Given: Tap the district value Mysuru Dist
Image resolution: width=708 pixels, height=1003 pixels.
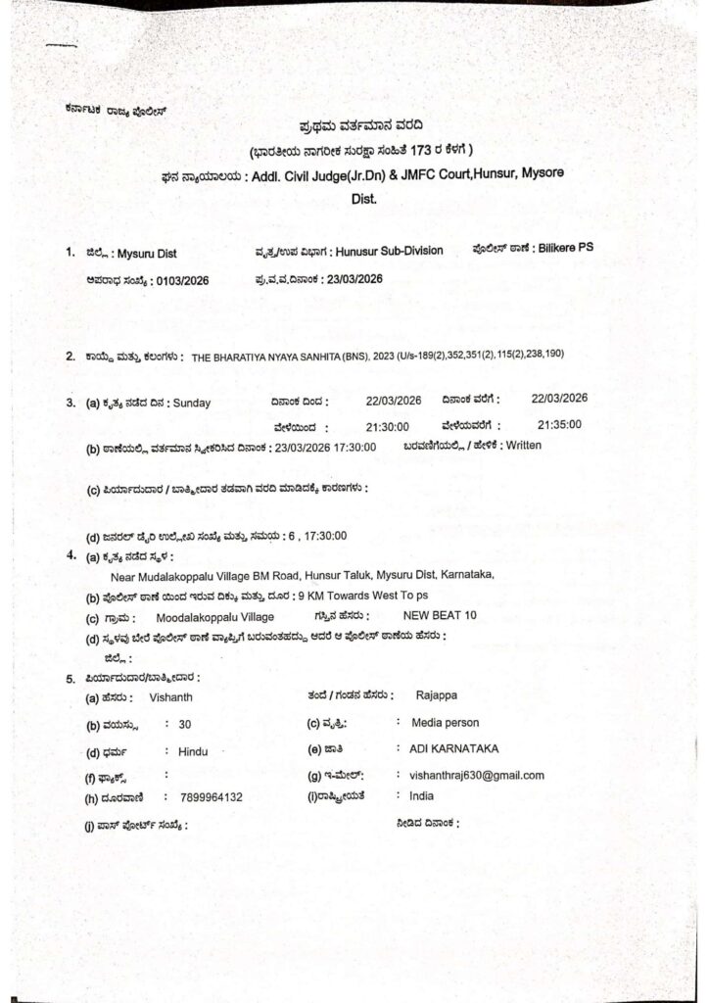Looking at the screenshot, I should coord(147,253).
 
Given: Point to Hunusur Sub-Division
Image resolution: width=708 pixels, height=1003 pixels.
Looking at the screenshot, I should coord(387,251).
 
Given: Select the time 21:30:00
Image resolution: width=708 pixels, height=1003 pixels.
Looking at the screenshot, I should coord(387,427).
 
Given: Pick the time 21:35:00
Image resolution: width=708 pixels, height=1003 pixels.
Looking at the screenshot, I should coord(559,424).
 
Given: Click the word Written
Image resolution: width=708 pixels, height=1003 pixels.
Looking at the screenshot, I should coord(519,446).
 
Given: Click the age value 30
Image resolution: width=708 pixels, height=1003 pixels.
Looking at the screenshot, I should coord(184,724).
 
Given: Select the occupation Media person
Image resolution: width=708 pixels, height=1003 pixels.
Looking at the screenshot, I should coord(446,722).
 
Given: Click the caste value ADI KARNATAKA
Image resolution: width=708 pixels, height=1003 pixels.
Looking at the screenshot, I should coord(454,748).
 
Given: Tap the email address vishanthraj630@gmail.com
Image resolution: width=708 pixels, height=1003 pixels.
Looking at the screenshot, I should coord(478,775).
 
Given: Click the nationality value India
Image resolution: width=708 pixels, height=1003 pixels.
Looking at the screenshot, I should coord(422,796).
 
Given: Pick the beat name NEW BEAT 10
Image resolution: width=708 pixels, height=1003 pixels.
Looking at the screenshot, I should coord(440,616).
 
